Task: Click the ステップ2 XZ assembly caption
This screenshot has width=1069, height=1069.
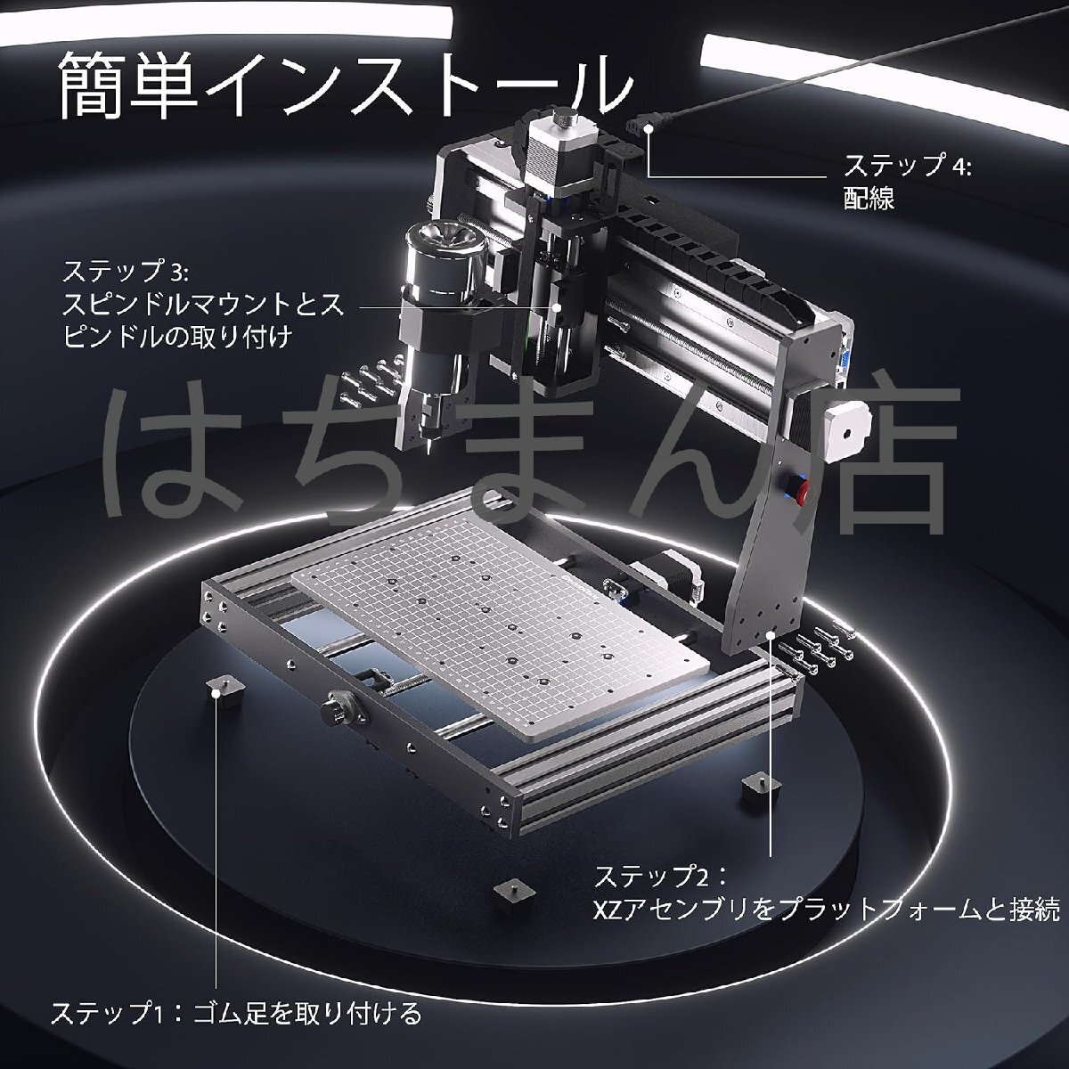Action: tap(827, 894)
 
